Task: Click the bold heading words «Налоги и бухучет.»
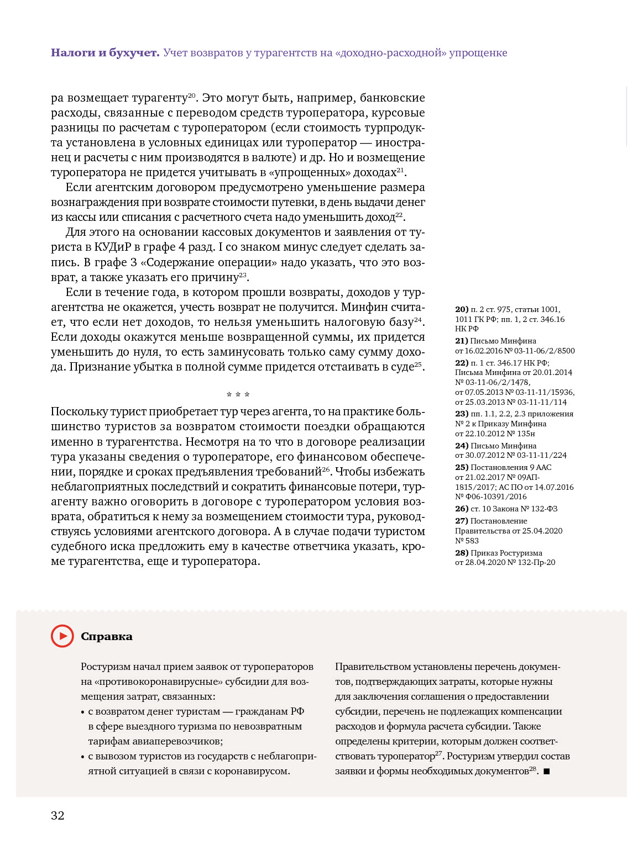point(105,53)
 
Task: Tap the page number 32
point(57,815)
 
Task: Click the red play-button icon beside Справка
point(62,636)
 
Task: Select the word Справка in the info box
point(107,637)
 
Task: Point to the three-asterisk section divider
point(238,395)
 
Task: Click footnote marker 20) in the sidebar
point(462,310)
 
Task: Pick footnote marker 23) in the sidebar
point(462,414)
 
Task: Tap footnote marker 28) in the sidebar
point(462,553)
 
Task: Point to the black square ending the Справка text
point(546,772)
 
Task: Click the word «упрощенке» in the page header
point(478,53)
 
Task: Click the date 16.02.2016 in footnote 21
point(484,351)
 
